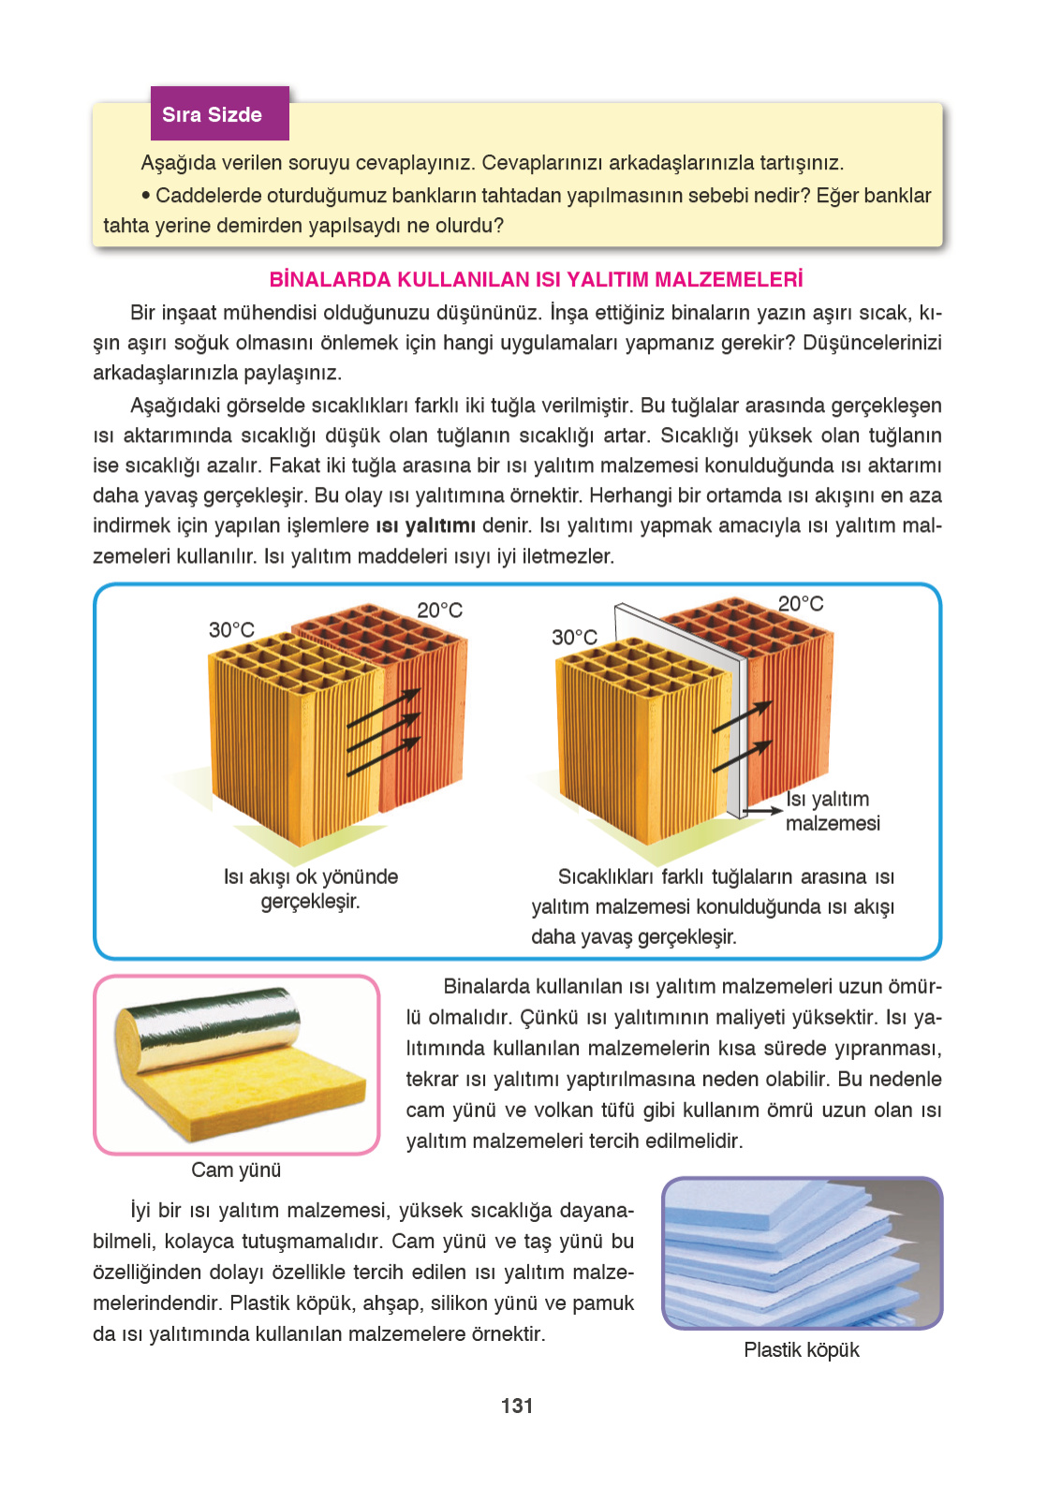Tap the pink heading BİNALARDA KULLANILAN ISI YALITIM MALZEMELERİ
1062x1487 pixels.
tap(536, 279)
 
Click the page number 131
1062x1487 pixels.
tap(517, 1406)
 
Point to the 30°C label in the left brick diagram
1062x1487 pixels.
tap(231, 629)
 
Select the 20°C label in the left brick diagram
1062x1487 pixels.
tap(440, 610)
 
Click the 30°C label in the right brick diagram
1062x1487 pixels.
tap(574, 637)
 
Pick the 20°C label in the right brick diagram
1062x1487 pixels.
tap(801, 603)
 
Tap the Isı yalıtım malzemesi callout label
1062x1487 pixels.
tap(832, 811)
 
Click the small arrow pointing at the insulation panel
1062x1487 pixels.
tap(763, 809)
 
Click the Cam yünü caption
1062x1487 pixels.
tap(236, 1170)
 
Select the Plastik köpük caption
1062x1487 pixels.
tap(801, 1349)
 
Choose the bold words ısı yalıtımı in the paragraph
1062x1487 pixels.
tap(425, 525)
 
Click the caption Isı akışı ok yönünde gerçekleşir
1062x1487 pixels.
tap(310, 889)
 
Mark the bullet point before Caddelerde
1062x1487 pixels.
tap(146, 196)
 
